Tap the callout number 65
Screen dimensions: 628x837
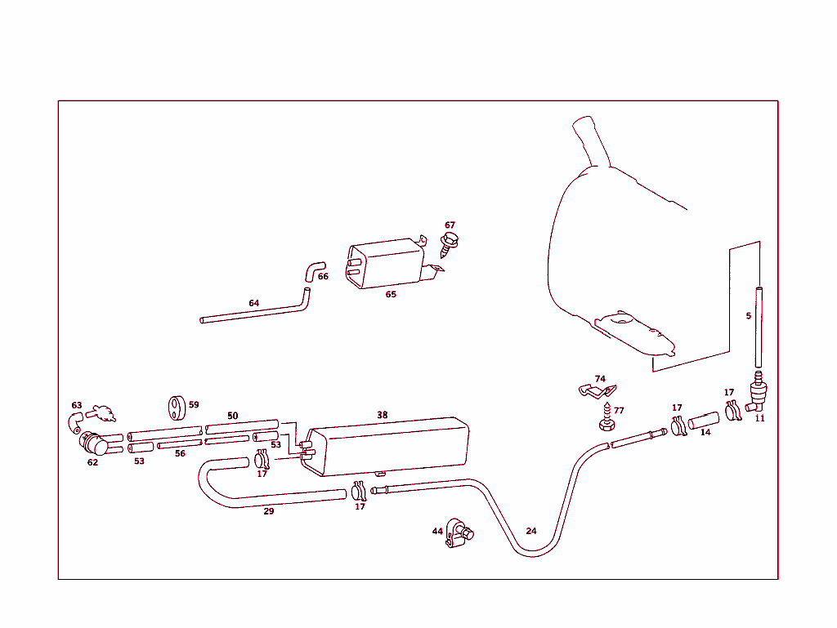[391, 294]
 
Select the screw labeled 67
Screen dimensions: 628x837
[449, 243]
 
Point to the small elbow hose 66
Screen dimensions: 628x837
[316, 269]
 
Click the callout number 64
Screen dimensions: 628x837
[254, 303]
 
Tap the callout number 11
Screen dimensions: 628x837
[759, 418]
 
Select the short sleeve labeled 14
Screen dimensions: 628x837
[703, 421]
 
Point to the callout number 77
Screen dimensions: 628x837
[619, 410]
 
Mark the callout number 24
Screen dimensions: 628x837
[531, 531]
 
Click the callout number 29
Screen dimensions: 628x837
[268, 511]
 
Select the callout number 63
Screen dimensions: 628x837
[77, 405]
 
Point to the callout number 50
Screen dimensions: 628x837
[233, 416]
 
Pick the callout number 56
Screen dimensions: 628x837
[180, 453]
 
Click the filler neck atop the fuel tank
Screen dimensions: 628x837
[590, 139]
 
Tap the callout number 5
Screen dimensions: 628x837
[748, 315]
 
